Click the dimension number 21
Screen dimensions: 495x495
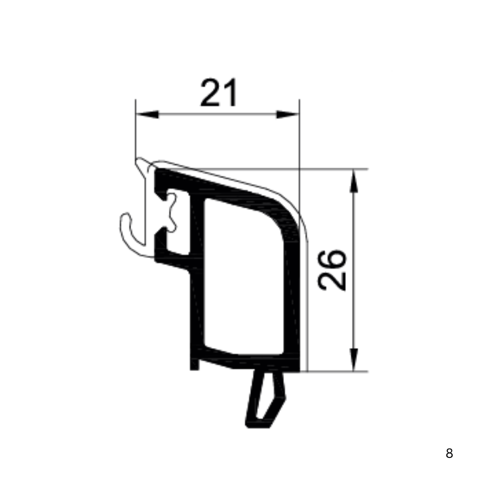click(219, 92)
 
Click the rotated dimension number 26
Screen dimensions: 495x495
click(332, 270)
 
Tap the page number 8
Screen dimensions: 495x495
click(449, 453)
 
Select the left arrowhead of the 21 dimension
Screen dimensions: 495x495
click(147, 114)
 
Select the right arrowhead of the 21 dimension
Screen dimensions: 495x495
click(288, 114)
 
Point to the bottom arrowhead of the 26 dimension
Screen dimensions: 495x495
click(354, 359)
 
